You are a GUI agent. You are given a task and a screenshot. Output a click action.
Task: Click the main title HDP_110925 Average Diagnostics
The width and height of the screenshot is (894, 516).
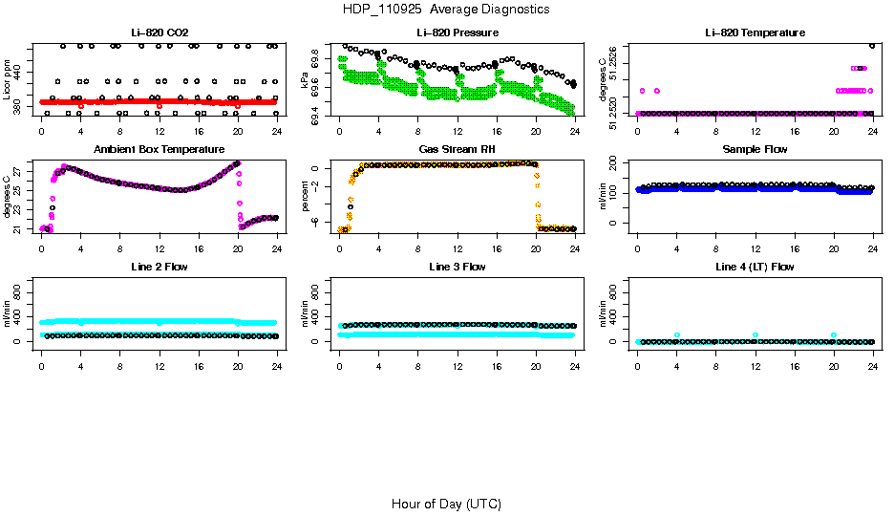tap(446, 9)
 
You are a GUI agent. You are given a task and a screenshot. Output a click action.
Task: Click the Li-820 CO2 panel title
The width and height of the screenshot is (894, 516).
tap(159, 32)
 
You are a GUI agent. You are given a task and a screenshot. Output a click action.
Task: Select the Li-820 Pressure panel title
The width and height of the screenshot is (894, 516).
tap(457, 32)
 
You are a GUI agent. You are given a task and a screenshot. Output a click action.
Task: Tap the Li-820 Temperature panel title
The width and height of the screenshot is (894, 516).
tap(755, 32)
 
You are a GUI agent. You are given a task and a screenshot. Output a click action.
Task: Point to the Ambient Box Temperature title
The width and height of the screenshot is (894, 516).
tap(159, 149)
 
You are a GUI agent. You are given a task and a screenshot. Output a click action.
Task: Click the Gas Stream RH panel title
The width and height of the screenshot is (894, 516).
tap(457, 149)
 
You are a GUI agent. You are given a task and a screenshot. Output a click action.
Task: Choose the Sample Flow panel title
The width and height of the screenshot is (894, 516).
tap(755, 149)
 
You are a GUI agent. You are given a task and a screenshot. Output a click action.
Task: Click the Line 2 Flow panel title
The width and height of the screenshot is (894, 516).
tap(159, 267)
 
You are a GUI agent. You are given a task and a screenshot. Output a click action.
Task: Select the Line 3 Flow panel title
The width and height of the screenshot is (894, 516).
tap(457, 267)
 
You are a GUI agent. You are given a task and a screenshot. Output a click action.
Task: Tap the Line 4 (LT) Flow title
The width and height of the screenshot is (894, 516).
tap(755, 267)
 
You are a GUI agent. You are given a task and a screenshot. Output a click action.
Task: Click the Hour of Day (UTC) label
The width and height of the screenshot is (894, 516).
tap(446, 504)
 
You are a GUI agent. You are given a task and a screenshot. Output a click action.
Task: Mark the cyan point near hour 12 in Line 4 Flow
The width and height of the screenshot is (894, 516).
tap(756, 335)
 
